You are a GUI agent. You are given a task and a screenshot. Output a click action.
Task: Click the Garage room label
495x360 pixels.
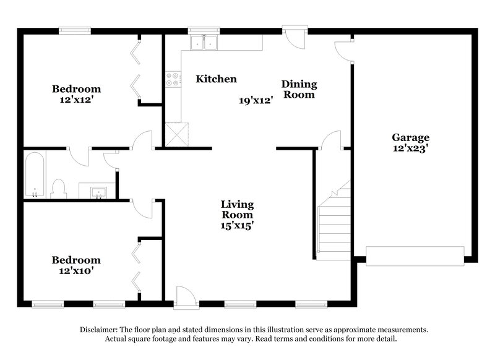pyautogui.click(x=410, y=137)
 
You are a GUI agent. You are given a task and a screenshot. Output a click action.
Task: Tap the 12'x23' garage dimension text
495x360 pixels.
pyautogui.click(x=410, y=148)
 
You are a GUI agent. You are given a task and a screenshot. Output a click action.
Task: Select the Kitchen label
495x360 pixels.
pyautogui.click(x=216, y=79)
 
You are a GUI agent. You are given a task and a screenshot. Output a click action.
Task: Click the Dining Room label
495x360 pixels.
pyautogui.click(x=299, y=89)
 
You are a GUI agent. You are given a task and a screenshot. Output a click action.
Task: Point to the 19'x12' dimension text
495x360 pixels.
pyautogui.click(x=256, y=100)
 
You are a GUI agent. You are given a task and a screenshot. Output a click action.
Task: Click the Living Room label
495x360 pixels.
pyautogui.click(x=238, y=210)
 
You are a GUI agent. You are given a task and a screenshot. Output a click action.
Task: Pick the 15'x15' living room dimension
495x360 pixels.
pyautogui.click(x=238, y=226)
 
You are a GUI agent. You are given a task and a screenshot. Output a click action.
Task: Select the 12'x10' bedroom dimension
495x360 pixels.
pyautogui.click(x=76, y=270)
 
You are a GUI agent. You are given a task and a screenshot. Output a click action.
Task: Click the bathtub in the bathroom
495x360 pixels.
pyautogui.click(x=33, y=176)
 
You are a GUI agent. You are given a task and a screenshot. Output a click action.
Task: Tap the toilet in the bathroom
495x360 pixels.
pyautogui.click(x=59, y=188)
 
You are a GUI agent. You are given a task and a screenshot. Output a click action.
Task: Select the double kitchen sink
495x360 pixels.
pyautogui.click(x=204, y=42)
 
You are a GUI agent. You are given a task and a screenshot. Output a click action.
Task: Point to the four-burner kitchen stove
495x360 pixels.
pyautogui.click(x=173, y=79)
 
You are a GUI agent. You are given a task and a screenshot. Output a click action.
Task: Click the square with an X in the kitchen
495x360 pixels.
pyautogui.click(x=178, y=134)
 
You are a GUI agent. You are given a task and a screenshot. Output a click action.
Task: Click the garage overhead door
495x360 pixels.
pyautogui.click(x=415, y=255)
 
